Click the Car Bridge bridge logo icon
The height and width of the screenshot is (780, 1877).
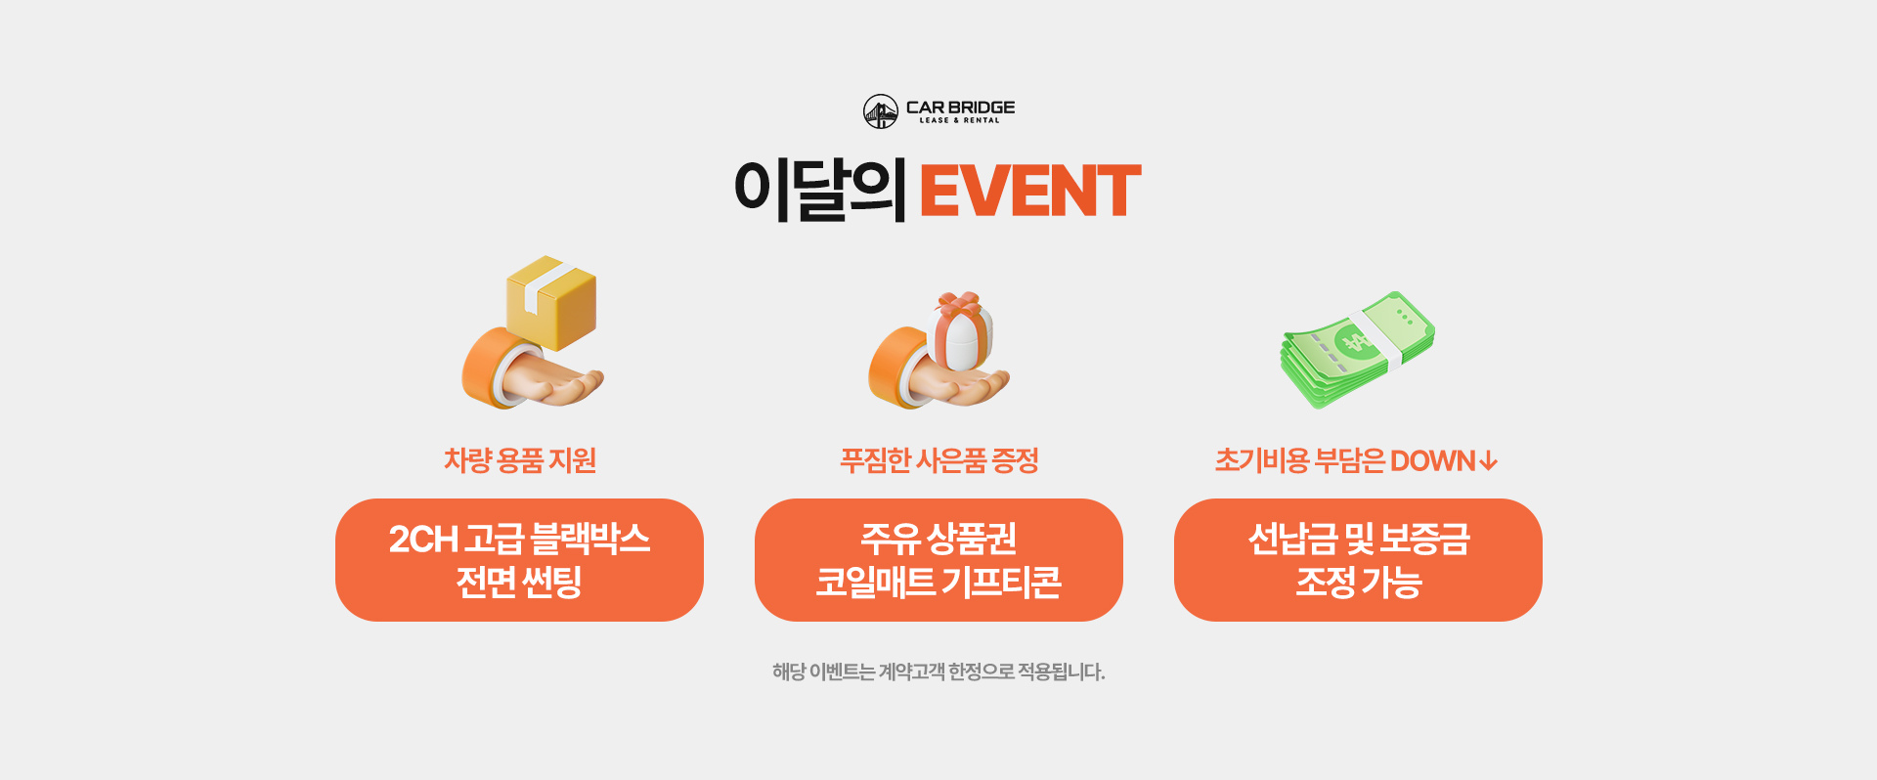point(881,111)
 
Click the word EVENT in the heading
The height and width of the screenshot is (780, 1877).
point(1030,191)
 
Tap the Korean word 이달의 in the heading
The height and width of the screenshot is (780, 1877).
point(820,190)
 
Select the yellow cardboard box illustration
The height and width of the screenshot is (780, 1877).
point(551,302)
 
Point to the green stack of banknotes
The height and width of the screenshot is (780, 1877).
point(1358,349)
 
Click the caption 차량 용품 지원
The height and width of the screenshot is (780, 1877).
point(520,460)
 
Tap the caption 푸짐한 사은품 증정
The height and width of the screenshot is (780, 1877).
point(939,460)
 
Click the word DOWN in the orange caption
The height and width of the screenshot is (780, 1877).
point(1432,460)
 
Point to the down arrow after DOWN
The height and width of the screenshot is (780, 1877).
point(1488,460)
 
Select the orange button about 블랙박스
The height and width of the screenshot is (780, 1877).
point(519,560)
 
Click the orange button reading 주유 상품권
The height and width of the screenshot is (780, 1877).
point(938,560)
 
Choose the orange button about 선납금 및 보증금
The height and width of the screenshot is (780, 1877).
point(1358,560)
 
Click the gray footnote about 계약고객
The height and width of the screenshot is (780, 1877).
point(938,672)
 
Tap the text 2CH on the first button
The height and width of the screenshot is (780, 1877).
point(423,540)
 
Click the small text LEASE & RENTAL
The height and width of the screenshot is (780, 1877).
point(959,120)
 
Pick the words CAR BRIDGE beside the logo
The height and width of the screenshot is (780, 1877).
point(960,107)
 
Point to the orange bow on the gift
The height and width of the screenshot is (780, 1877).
point(959,302)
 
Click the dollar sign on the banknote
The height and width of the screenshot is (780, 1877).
point(1356,342)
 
